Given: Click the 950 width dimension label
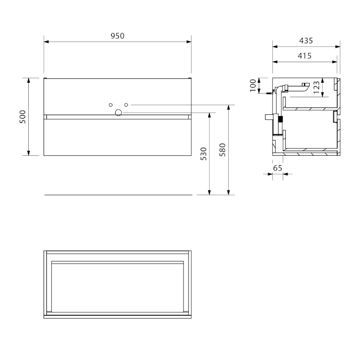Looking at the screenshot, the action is tap(117, 36).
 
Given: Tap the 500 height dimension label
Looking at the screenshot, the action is tap(22, 117).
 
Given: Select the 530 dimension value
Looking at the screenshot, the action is tap(203, 154).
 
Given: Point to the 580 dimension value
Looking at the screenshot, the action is tap(222, 150).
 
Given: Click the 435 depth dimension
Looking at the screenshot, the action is tap(306, 40).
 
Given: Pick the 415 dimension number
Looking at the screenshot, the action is tap(305, 56).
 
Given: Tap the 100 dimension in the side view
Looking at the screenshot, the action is tap(253, 85).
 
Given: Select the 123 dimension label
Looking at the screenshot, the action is tap(316, 87).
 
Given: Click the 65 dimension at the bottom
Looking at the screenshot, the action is tap(277, 168).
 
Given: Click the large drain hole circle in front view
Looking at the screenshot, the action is tap(118, 112).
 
